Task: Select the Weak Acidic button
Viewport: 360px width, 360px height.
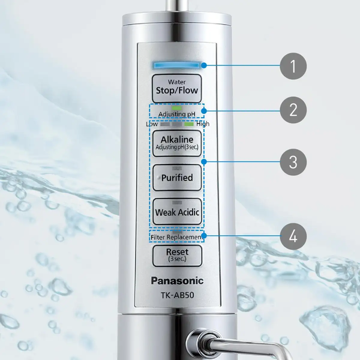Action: pos(177,211)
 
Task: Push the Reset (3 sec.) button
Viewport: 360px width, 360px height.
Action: pos(177,256)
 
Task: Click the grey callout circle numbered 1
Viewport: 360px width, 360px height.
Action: pos(293,65)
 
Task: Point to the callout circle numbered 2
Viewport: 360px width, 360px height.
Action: pos(293,110)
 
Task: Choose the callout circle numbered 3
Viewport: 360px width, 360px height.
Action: pos(293,161)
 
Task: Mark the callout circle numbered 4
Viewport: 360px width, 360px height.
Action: pos(293,236)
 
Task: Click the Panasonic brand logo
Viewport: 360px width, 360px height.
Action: pos(177,281)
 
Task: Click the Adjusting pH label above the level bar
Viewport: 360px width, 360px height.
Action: pos(177,113)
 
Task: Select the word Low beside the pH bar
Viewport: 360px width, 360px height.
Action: pos(151,124)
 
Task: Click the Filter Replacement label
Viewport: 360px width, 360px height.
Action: pos(177,238)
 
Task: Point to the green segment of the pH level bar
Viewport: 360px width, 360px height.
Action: pos(189,124)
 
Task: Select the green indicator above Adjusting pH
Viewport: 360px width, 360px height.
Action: pos(177,107)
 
